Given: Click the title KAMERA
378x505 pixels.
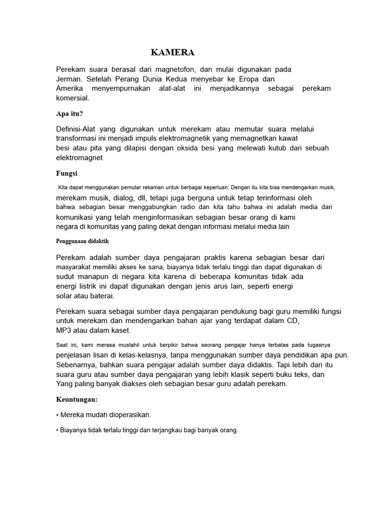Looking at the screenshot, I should coord(173,53).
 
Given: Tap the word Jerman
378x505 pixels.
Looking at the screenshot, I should coord(70,79).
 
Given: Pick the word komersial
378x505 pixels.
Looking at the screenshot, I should coord(72,98).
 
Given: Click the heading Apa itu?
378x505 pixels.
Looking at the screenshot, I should coord(69,113).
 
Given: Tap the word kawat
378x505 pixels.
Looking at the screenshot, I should coord(288,139).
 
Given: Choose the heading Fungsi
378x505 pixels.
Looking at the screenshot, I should coord(66,174).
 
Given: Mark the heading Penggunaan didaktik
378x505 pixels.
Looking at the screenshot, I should coord(82,241).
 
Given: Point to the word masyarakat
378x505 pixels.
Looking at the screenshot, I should coord(75,267).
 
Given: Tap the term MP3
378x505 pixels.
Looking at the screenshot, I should coord(64,330).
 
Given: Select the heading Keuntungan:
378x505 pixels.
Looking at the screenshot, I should coord(77,399).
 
